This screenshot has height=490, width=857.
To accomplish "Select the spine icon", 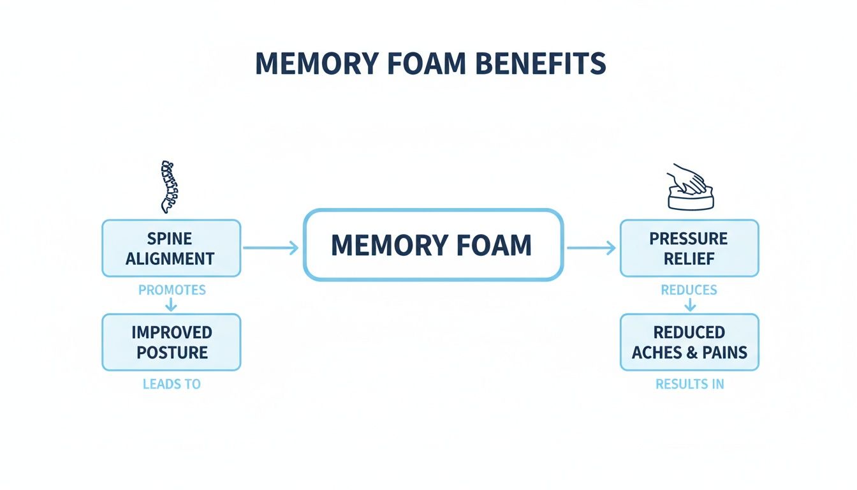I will tap(170, 186).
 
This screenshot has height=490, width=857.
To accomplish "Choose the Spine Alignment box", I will tap(172, 248).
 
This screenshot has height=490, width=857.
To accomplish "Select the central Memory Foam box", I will tap(433, 245).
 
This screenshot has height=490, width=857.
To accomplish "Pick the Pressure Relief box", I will tap(689, 248).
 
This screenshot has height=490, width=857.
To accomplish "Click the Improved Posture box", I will tap(172, 342).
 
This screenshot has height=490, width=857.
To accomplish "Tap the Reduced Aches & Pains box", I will tap(689, 342).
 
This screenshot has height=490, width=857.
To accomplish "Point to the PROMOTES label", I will tap(172, 290).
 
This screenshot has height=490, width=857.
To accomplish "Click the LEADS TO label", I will tap(172, 384).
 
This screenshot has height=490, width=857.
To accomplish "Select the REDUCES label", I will tap(689, 290).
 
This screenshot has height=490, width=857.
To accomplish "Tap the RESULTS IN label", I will tap(689, 384).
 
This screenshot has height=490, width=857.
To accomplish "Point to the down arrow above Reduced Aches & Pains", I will tap(689, 305).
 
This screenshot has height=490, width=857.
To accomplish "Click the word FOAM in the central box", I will tap(492, 246).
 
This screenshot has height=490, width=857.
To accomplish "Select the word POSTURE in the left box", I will tap(172, 352).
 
